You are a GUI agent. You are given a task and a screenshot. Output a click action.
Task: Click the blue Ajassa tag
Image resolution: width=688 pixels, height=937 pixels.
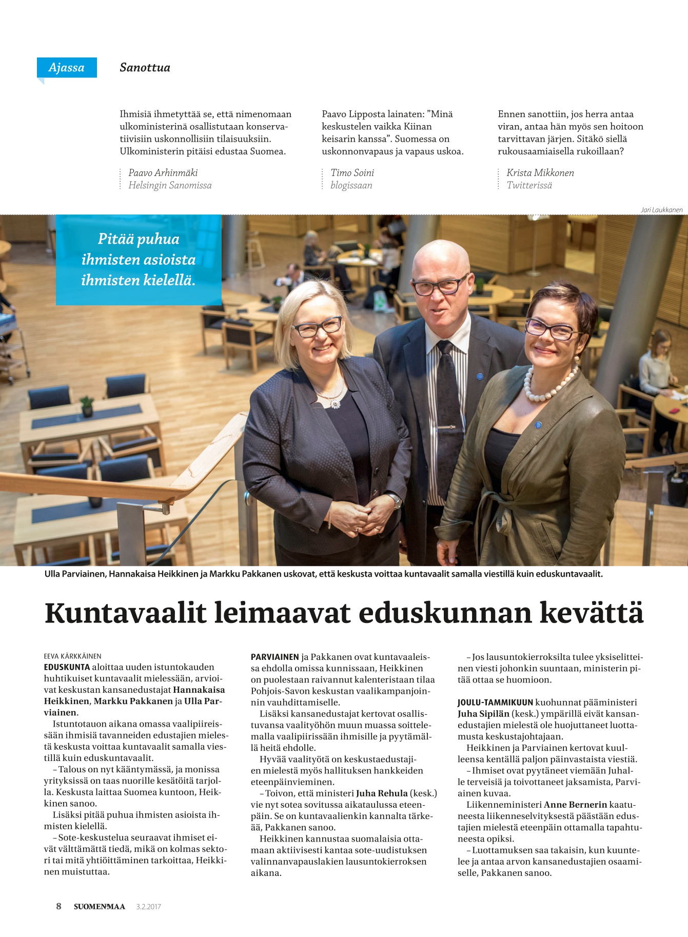[67, 68]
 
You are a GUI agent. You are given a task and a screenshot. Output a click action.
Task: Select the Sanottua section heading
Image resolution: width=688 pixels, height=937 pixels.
[145, 68]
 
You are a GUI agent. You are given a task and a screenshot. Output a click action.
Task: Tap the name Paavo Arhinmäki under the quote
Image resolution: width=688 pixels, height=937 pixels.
[163, 173]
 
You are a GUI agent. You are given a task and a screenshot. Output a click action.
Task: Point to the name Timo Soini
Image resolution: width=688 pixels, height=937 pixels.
[352, 173]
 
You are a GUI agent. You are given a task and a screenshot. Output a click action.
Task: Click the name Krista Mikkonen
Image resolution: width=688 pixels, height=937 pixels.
[540, 173]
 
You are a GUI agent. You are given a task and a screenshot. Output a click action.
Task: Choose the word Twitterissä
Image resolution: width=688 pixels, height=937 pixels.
[529, 185]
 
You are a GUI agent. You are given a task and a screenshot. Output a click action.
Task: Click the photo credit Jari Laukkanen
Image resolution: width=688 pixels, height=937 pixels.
[661, 210]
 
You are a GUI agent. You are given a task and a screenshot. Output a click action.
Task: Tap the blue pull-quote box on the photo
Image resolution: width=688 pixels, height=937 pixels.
[139, 260]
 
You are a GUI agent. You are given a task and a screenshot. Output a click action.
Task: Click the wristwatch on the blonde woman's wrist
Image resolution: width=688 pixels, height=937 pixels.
[395, 500]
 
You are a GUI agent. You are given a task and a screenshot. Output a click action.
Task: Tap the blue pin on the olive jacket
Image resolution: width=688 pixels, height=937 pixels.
[538, 425]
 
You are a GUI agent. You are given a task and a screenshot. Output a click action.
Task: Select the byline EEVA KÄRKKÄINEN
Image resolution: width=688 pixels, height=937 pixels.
[72, 656]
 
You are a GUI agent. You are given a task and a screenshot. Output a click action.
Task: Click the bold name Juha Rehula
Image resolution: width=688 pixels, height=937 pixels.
[382, 793]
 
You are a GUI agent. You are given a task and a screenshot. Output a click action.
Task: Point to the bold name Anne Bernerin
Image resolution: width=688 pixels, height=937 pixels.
[575, 805]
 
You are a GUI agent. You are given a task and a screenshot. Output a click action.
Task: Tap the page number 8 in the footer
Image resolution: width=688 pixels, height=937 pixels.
[58, 906]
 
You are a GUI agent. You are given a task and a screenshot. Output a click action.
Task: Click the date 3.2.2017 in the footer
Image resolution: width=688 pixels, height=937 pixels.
[148, 907]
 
